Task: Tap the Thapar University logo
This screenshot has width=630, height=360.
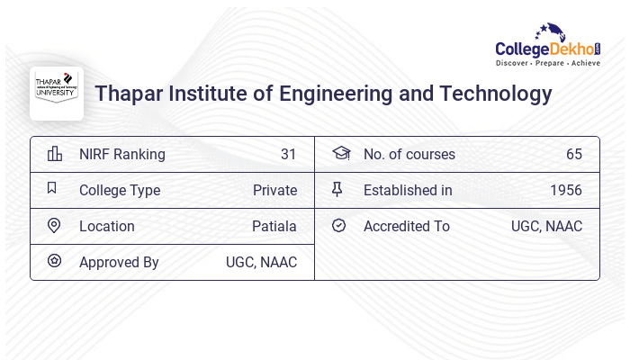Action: pos(57,93)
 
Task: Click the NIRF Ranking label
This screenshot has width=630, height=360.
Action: pos(122,154)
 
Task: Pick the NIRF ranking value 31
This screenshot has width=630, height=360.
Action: pos(288,154)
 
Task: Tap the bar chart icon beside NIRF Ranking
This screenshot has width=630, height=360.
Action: pos(54,154)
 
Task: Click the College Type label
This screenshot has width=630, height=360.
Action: pos(120,190)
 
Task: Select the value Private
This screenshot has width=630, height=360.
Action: pos(274,190)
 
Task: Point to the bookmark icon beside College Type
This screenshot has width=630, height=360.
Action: pos(52,189)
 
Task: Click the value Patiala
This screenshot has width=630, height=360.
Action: pos(274,226)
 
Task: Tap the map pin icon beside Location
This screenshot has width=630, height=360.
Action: pos(54,226)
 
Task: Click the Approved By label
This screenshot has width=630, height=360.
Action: pos(119,262)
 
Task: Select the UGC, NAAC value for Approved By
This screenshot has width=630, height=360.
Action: pos(261,262)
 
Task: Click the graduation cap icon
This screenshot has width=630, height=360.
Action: pos(340,154)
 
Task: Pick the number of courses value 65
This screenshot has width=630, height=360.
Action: pos(574,154)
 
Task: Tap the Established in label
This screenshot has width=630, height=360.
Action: pos(408,190)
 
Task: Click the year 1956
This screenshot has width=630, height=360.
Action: pos(566,190)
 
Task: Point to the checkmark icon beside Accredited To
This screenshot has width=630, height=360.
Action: pos(338,226)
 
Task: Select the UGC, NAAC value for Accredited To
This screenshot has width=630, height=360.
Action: pos(546,226)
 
